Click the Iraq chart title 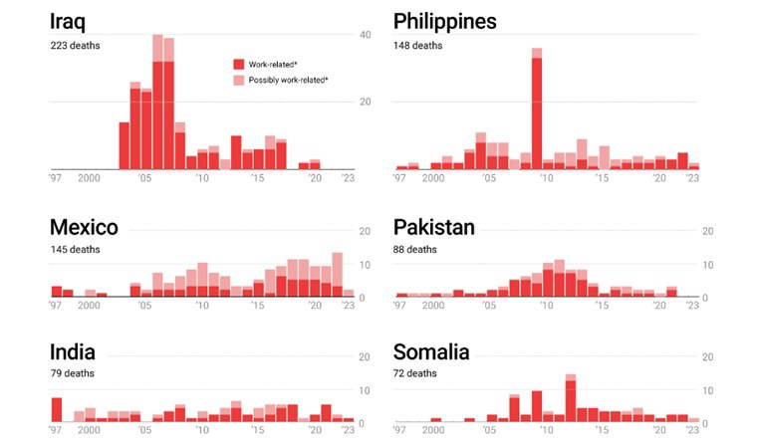(x=74, y=22)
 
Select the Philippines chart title (x=445, y=22)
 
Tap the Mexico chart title (x=84, y=228)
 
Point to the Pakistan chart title (x=433, y=228)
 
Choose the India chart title (x=73, y=352)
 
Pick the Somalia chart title (x=431, y=352)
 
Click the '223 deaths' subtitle (x=75, y=45)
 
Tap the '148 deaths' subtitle (x=417, y=45)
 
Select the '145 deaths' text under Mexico (x=75, y=249)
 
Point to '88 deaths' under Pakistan (x=415, y=249)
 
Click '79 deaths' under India (x=72, y=373)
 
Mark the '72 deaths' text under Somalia (x=414, y=373)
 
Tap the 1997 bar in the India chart (x=57, y=410)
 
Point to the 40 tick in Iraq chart (x=365, y=36)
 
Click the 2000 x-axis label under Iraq (x=88, y=178)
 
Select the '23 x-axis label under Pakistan (x=692, y=308)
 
